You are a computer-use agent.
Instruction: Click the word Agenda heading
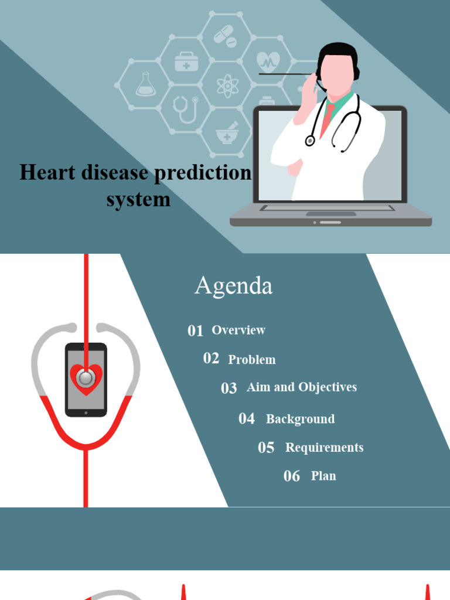[x=233, y=286]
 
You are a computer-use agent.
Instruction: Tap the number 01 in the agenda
[x=195, y=331]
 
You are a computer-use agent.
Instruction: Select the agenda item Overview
[x=238, y=330]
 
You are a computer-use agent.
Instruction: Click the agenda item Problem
[x=252, y=360]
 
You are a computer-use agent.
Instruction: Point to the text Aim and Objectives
[x=302, y=387]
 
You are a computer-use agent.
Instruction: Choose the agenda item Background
[x=300, y=419]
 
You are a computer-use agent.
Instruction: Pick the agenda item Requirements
[x=324, y=448]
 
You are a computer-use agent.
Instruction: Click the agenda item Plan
[x=323, y=476]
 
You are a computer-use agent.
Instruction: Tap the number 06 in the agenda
[x=292, y=476]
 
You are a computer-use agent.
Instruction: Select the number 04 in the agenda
[x=247, y=419]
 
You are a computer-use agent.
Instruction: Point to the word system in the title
[x=138, y=199]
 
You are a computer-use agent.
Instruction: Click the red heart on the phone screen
[x=86, y=379]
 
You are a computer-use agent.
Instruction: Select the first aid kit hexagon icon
[x=186, y=62]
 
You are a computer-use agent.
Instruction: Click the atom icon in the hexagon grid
[x=227, y=86]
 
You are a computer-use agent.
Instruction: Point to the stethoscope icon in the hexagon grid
[x=186, y=109]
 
